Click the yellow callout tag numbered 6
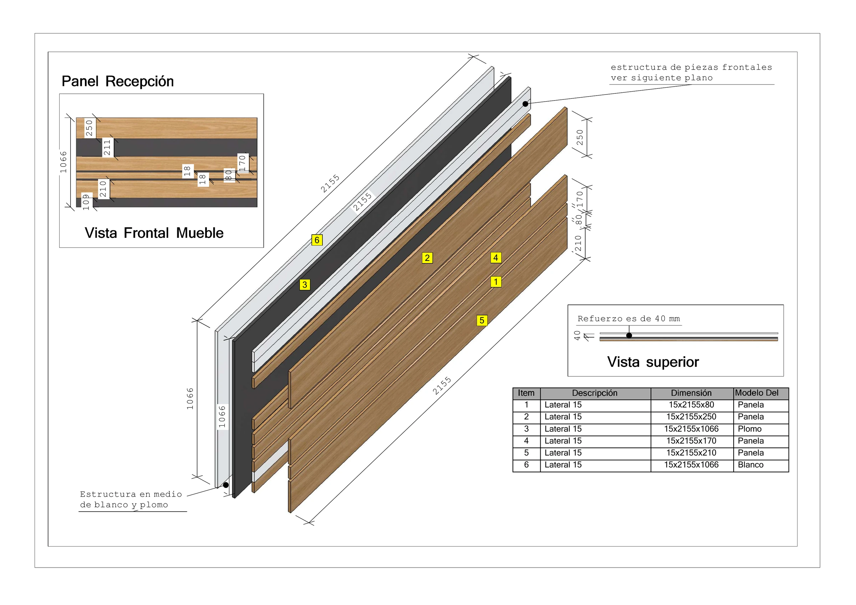[x=317, y=240]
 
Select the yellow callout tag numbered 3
[x=305, y=285]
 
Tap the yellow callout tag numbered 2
[x=427, y=258]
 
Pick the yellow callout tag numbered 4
[x=496, y=258]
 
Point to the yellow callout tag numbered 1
[x=496, y=282]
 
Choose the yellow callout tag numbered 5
[x=482, y=321]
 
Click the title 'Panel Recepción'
[x=118, y=81]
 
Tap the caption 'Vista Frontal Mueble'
[x=154, y=233]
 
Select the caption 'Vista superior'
[x=653, y=362]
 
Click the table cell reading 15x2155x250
[x=691, y=417]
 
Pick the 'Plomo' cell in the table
[x=750, y=429]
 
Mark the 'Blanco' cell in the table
[x=751, y=465]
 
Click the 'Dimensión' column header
[x=691, y=393]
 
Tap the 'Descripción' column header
[x=595, y=393]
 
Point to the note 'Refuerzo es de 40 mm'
[x=628, y=319]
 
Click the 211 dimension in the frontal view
[x=107, y=148]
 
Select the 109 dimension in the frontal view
[x=87, y=202]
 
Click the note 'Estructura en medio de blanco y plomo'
[x=131, y=499]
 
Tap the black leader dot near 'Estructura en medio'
[x=226, y=485]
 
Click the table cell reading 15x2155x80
[x=691, y=405]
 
